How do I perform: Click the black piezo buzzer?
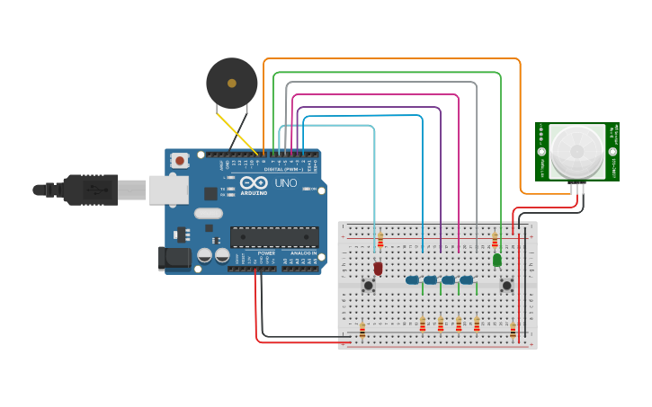231,84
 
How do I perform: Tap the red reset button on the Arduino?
181,161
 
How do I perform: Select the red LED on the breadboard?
379,268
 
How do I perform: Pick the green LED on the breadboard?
496,260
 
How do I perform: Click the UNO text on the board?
285,183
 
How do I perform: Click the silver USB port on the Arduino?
168,190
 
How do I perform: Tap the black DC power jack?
174,258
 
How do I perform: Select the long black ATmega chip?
273,237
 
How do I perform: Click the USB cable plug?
90,190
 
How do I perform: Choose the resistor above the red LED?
380,241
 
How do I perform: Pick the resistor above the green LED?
495,241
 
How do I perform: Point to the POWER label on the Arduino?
266,253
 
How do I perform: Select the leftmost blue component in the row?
412,280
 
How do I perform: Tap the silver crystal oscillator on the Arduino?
207,214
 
